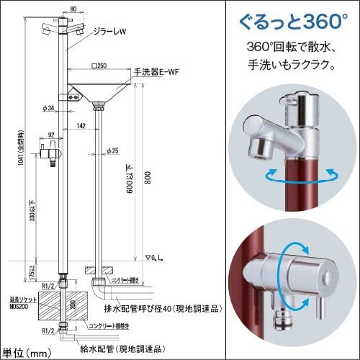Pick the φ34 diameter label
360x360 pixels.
48,108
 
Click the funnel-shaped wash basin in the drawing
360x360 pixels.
99,92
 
